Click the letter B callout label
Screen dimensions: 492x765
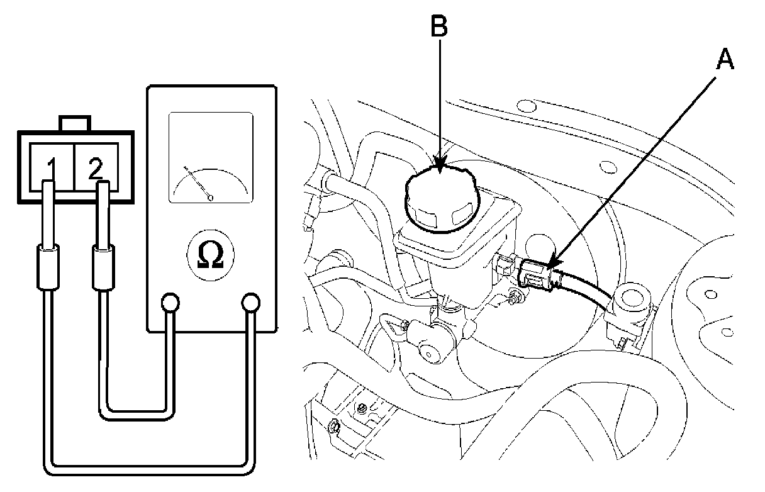coord(439,26)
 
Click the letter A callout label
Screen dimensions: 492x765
coord(725,60)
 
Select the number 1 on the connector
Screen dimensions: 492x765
coord(53,168)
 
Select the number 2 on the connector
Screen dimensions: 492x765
coord(95,168)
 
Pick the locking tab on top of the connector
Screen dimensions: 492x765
coord(75,123)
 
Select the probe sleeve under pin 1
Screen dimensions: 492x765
coord(46,269)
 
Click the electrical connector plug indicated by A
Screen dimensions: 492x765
coord(535,275)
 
